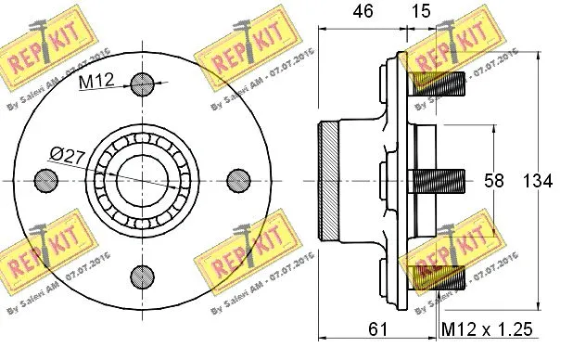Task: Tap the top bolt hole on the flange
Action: click(142, 84)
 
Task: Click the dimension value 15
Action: click(423, 12)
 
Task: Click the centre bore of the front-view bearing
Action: click(142, 179)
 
